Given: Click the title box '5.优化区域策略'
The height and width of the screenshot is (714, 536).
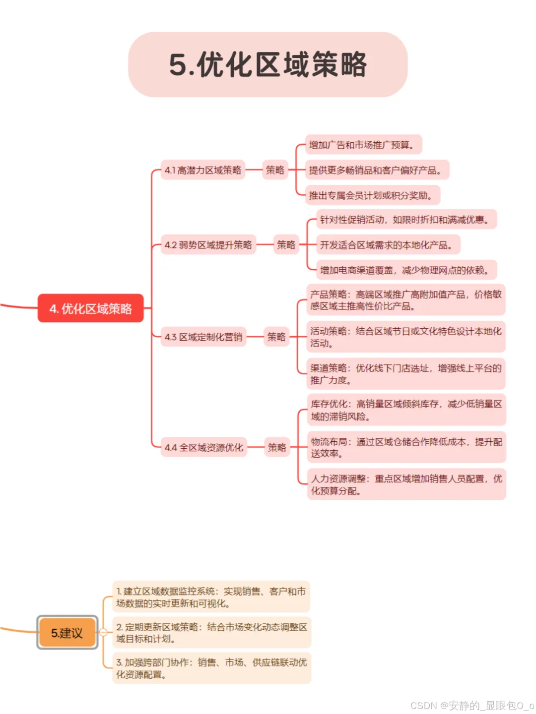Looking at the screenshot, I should pos(268,64).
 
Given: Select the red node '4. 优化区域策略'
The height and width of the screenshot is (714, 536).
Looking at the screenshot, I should pos(91,308).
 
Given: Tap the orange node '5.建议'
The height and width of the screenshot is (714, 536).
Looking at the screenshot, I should pos(67,633).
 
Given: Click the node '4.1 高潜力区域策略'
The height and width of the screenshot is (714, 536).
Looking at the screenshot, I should pos(203,170).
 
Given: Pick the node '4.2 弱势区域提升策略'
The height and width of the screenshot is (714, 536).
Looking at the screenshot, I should pos(208,244).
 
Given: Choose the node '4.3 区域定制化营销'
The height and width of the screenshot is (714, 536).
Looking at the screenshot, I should pos(203,337).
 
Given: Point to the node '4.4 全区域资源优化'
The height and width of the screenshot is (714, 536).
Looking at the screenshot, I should pos(204,447).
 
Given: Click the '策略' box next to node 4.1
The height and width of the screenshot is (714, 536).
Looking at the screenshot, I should pos(275,170).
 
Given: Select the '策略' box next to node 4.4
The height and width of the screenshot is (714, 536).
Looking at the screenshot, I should pos(277,447).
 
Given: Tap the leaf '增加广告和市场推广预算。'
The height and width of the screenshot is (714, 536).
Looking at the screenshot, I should pos(363,145).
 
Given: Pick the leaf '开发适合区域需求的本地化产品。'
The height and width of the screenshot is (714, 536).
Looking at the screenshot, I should pos(388,244).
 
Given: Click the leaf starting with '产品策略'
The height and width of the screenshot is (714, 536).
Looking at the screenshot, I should pos(406,300).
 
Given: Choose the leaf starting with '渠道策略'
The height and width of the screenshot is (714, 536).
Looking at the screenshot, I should pos(406,374).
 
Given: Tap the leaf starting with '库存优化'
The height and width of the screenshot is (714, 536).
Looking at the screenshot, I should pos(406,410).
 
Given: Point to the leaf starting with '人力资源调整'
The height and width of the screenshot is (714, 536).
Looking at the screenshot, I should pos(406,484).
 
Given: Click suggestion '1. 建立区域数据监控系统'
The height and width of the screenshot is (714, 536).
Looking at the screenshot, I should pos(211,597).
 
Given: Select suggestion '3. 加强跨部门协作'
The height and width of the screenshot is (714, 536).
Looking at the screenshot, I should pos(211,668).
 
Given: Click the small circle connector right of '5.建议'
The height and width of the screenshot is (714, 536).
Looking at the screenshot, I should pos(103,632).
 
